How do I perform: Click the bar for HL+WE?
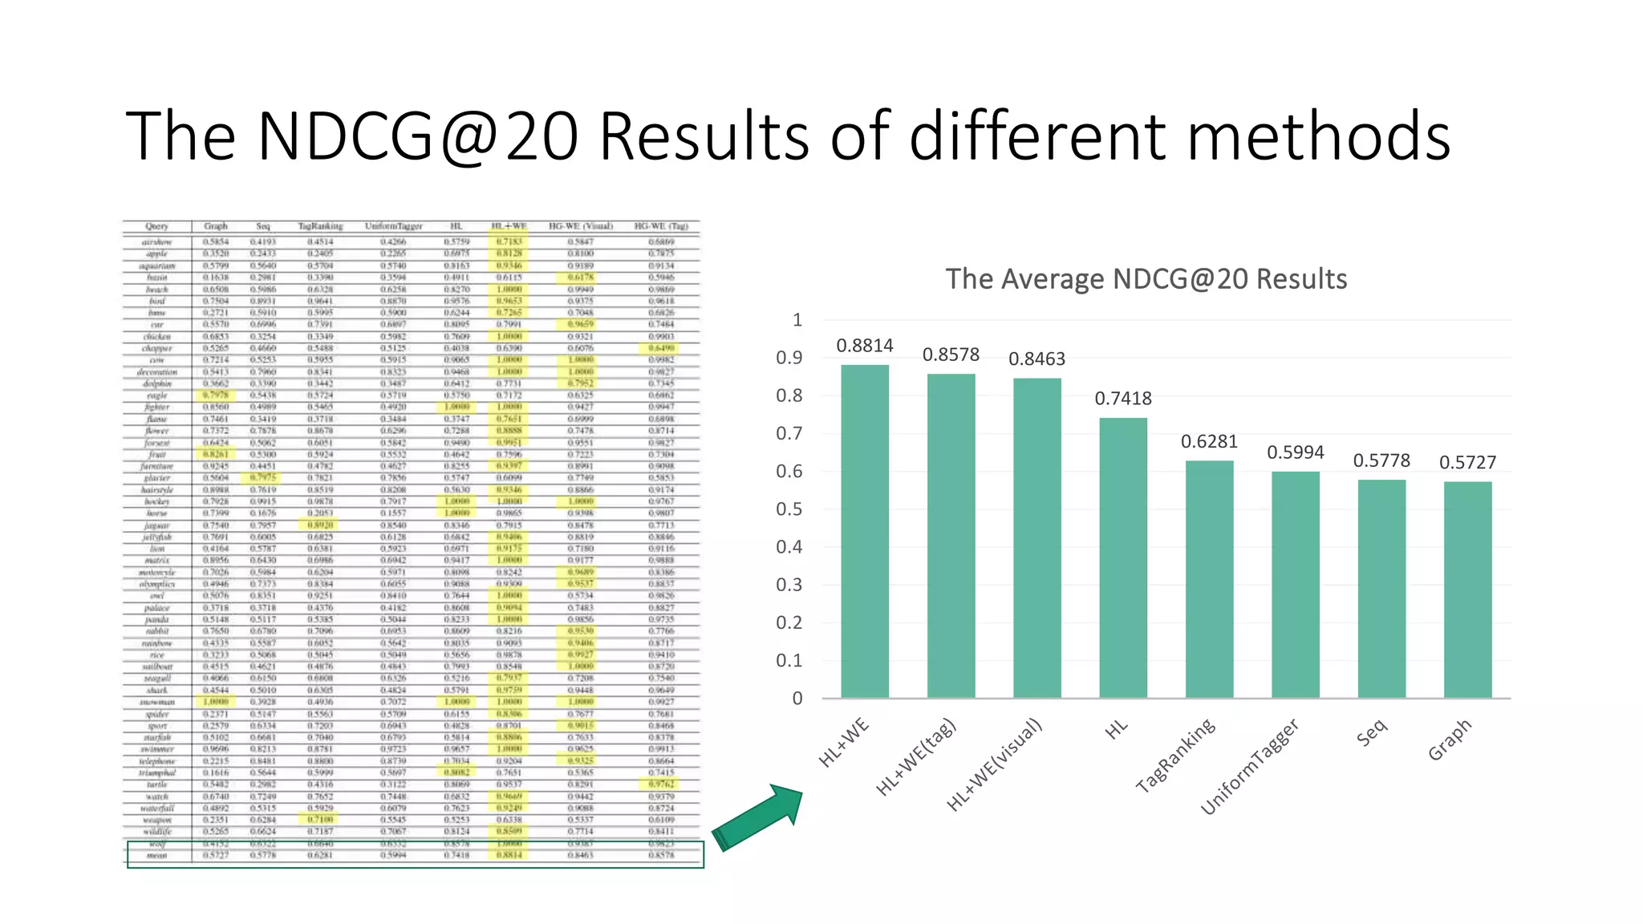[865, 531]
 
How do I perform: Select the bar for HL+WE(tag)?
[951, 536]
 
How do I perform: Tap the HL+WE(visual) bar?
[1037, 537]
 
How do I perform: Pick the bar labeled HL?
[1123, 557]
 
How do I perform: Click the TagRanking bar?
[1209, 579]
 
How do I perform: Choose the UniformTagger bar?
[1295, 585]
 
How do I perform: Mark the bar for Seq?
[1381, 589]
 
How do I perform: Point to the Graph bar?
[1467, 590]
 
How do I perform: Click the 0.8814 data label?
[865, 346]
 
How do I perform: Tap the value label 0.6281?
[1209, 442]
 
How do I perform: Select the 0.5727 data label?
[1467, 463]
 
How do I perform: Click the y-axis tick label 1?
[797, 320]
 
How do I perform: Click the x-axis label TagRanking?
[1176, 756]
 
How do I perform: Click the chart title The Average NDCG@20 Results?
[1146, 279]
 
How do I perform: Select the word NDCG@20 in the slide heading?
[417, 136]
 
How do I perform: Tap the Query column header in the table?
[156, 226]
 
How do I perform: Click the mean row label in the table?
[156, 855]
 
